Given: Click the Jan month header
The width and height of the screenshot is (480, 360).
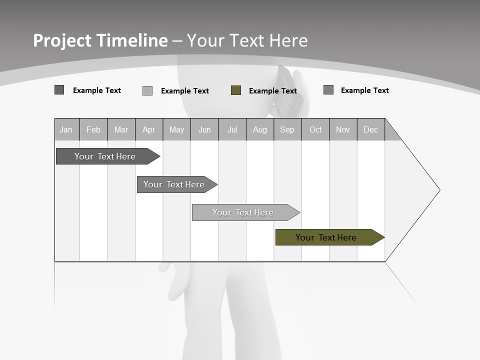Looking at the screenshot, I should [x=66, y=129].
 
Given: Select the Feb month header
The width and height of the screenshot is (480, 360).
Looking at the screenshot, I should [x=93, y=129].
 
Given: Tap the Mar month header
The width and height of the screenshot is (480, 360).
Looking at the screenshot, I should [x=121, y=129].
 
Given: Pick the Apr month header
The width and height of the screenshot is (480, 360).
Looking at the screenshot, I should [x=149, y=129].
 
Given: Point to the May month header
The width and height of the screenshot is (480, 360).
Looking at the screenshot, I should [x=176, y=129].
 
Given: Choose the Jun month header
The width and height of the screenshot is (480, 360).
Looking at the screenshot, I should [x=204, y=129].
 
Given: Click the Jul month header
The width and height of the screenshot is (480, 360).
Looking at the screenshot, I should [x=232, y=129].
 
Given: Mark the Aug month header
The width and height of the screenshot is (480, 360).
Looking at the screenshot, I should [x=260, y=129].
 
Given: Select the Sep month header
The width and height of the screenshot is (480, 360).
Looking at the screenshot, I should [x=287, y=129].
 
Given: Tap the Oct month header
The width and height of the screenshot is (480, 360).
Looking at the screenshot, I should [x=315, y=129].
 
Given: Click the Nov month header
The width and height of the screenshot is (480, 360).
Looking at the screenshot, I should [x=343, y=129].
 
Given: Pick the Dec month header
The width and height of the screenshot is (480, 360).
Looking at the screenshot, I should [x=371, y=129].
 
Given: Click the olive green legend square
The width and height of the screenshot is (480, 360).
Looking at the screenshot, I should [x=236, y=90].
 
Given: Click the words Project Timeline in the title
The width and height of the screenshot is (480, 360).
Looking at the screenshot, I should [x=100, y=40].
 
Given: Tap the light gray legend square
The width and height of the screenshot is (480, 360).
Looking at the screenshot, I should [x=147, y=90].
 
